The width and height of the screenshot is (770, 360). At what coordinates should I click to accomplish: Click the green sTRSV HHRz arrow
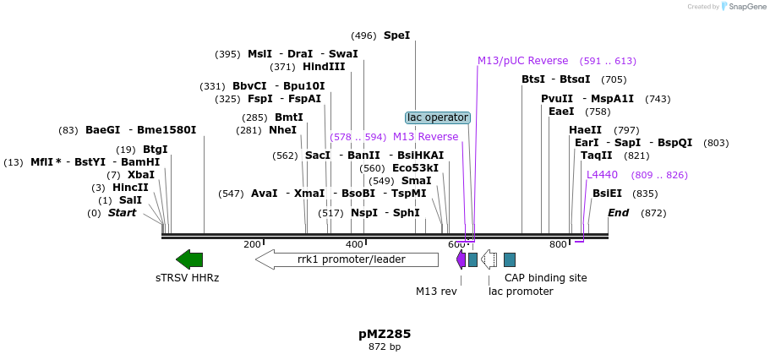click(189, 259)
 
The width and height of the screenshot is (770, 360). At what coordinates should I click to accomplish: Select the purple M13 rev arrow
click(461, 259)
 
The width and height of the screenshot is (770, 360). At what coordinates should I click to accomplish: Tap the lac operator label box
click(437, 117)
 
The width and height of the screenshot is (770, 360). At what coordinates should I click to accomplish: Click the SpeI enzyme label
click(396, 35)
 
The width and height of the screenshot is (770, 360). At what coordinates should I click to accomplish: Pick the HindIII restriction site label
click(324, 67)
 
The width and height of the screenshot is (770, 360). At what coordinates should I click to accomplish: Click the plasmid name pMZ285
click(385, 334)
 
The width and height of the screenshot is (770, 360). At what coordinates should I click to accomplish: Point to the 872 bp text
click(385, 347)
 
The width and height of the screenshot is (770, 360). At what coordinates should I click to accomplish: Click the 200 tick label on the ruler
click(252, 244)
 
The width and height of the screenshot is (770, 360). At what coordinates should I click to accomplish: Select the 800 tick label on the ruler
click(558, 244)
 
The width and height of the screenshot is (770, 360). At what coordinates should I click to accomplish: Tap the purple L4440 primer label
click(602, 175)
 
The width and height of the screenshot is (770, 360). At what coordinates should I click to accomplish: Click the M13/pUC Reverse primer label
click(522, 61)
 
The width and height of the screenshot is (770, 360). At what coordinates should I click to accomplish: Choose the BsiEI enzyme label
click(607, 194)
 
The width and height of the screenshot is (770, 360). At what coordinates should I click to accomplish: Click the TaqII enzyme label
click(597, 155)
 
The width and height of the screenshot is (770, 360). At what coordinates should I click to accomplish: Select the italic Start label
click(122, 213)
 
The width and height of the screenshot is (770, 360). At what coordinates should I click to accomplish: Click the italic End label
click(618, 213)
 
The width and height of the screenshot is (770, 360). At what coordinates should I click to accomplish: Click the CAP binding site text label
click(545, 277)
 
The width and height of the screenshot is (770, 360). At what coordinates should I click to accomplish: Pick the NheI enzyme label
click(282, 130)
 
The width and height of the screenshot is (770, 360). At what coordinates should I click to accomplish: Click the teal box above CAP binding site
click(510, 259)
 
